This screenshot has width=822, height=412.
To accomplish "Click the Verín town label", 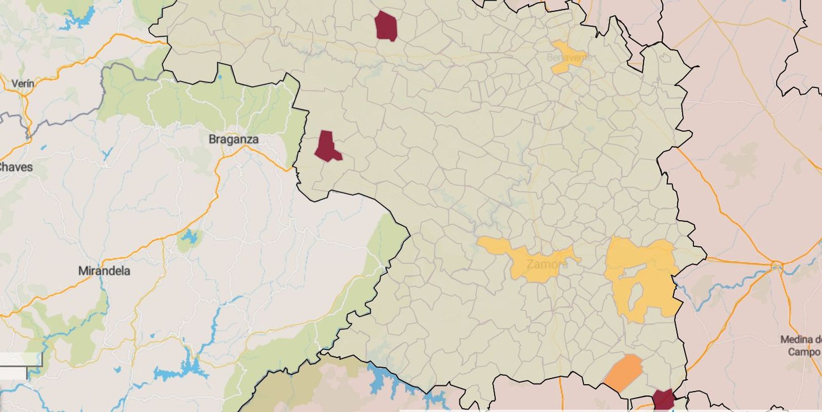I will (x=23, y=83).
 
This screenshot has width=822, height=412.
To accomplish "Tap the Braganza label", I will (x=233, y=139).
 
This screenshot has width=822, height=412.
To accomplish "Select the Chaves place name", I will (x=15, y=167).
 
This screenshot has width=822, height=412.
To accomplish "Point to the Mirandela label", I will (x=104, y=271).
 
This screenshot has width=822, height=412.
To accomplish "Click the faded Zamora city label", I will (x=547, y=264).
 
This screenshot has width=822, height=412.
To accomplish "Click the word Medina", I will (x=799, y=339).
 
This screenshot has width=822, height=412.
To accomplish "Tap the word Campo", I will (x=804, y=352).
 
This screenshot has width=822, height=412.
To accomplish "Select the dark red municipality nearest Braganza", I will (x=327, y=146).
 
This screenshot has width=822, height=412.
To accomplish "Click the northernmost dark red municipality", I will (x=386, y=26).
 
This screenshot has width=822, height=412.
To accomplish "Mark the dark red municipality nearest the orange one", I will (x=663, y=400).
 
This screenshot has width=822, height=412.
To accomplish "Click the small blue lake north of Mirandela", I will (x=190, y=238).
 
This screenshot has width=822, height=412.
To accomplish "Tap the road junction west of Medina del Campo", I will (x=776, y=266).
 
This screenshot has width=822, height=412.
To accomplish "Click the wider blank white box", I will (x=21, y=359).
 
